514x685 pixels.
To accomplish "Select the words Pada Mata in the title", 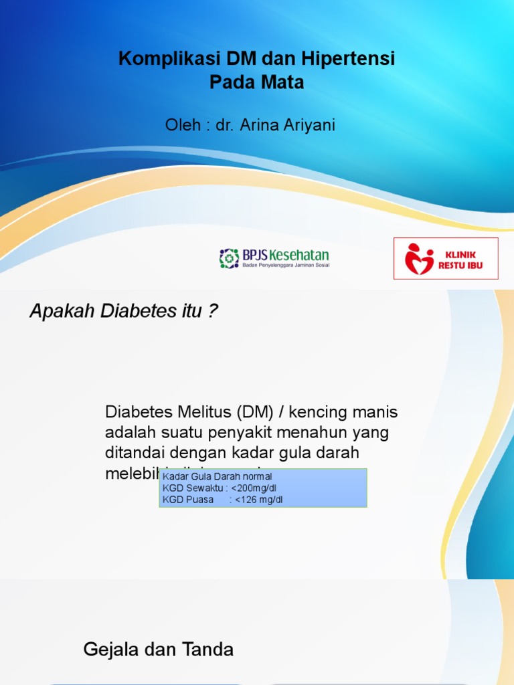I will (x=257, y=82).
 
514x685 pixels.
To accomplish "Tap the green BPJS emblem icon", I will (x=229, y=258).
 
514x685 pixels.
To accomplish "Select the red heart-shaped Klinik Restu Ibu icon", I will (x=419, y=258).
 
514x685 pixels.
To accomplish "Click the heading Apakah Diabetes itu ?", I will (x=124, y=311).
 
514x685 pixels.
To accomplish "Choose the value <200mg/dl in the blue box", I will (x=254, y=488).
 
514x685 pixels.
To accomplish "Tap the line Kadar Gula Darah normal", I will (x=218, y=477).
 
